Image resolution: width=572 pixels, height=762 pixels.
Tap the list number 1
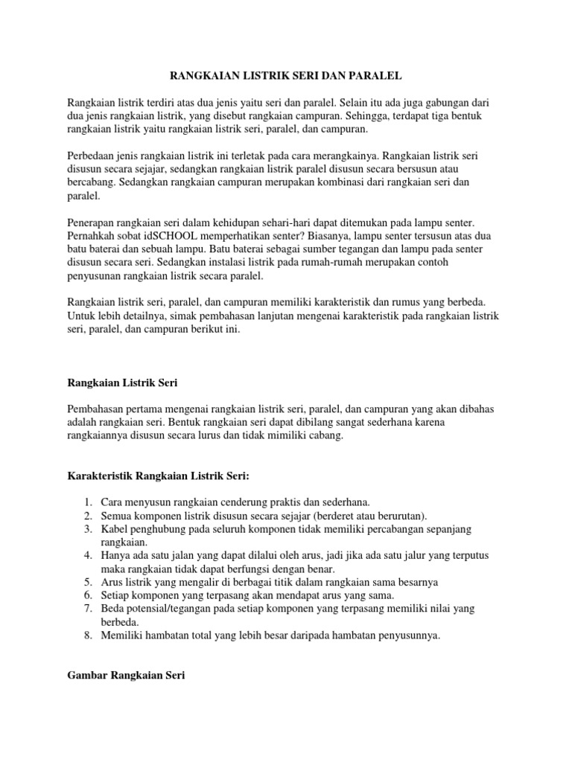87,502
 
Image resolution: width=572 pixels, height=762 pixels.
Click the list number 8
87,635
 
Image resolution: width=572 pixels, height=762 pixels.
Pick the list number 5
87,582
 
